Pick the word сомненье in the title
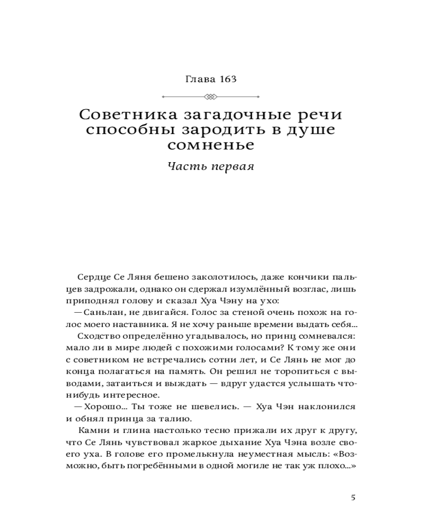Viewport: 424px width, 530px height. tap(211, 145)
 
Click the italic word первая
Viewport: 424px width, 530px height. tap(231, 166)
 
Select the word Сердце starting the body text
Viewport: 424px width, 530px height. tap(94, 278)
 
